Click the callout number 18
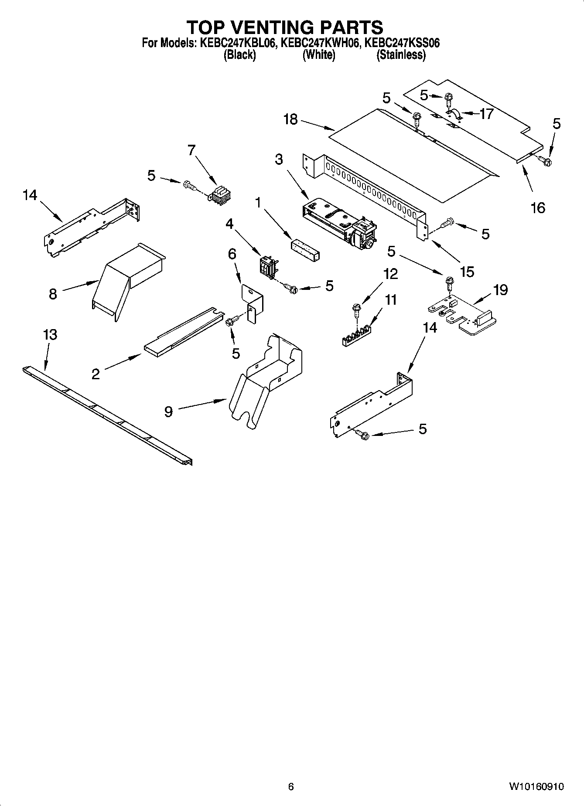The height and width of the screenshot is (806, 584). pyautogui.click(x=290, y=119)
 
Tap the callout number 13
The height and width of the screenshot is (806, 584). pyautogui.click(x=50, y=335)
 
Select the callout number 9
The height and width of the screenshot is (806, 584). pyautogui.click(x=169, y=411)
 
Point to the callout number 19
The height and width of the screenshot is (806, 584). pyautogui.click(x=500, y=289)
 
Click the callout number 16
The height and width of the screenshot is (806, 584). pyautogui.click(x=538, y=207)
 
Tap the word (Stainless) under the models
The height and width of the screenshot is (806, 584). pyautogui.click(x=401, y=55)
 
